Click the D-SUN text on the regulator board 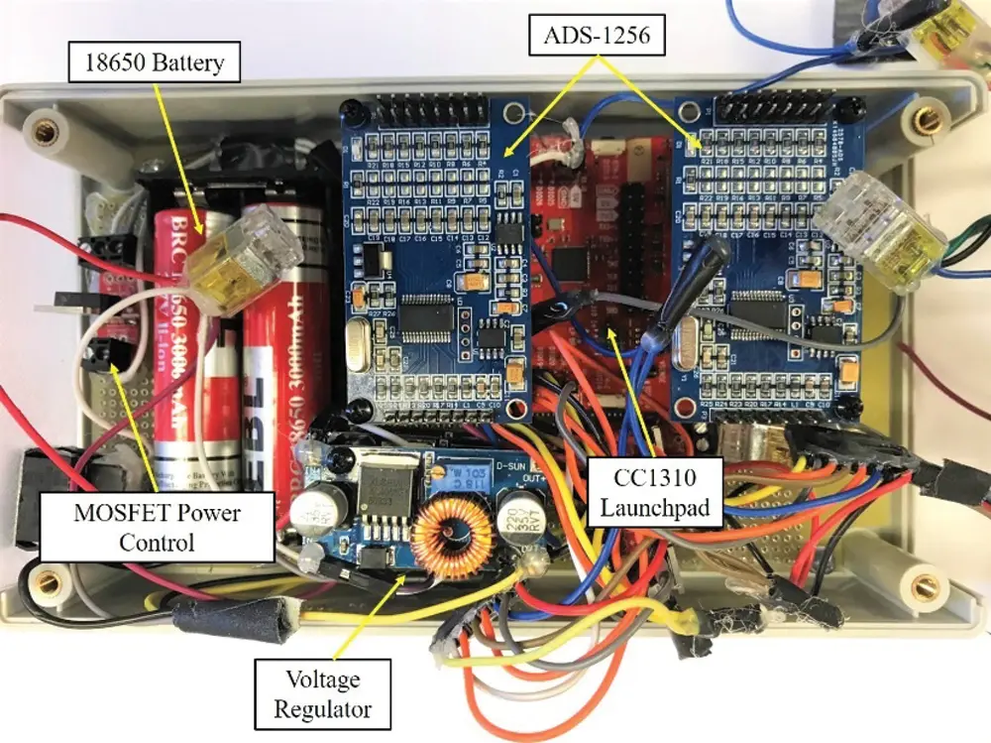point(512,462)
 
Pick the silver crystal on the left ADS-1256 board point(358,349)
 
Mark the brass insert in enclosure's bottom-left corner point(44,578)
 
